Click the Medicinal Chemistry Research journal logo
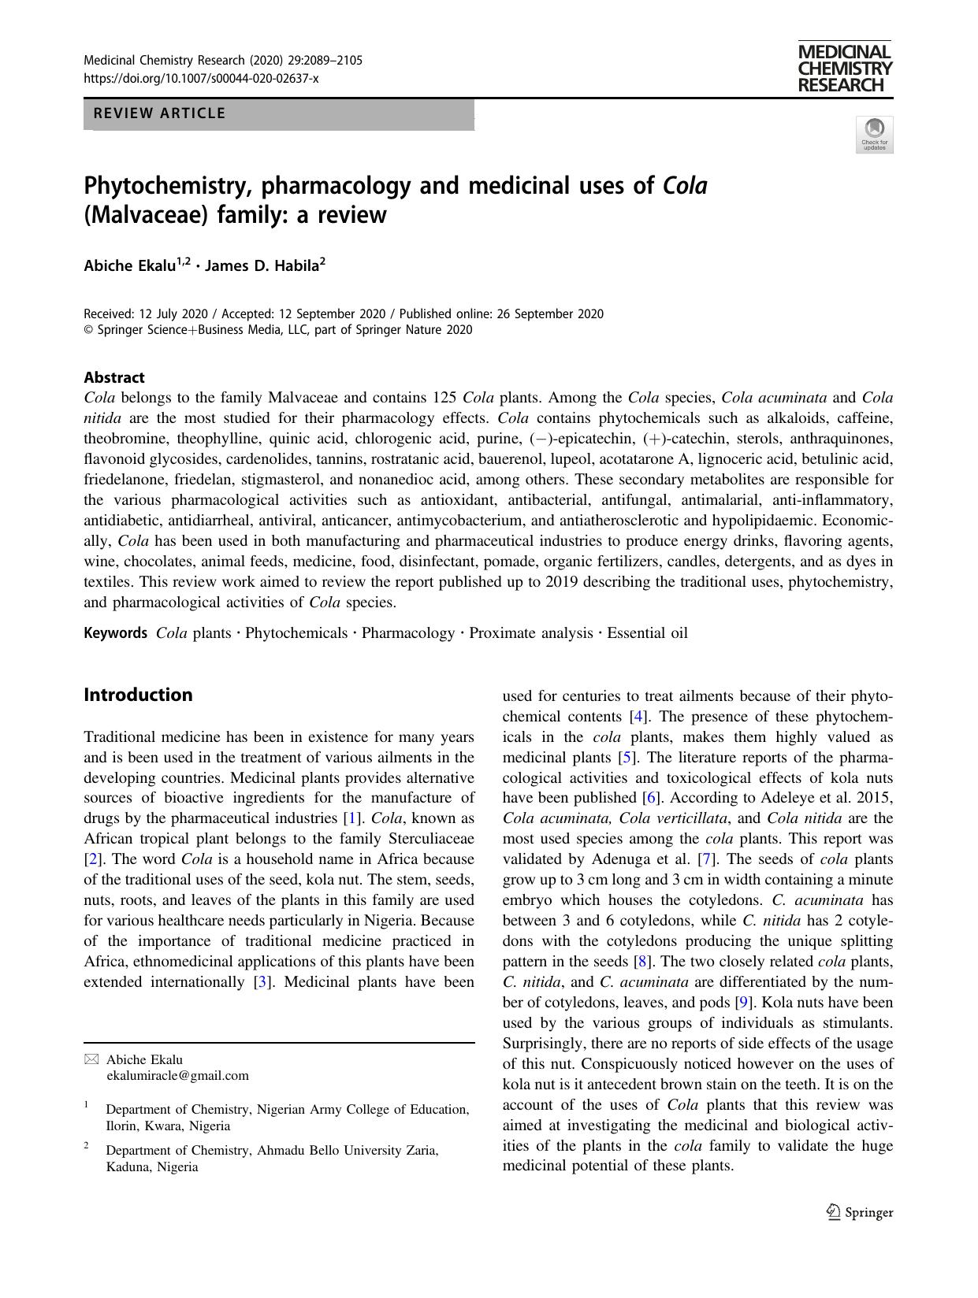844,69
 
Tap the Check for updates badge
874,135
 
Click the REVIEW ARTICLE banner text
160,113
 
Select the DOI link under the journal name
201,78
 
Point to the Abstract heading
114,377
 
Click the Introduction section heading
138,695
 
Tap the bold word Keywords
116,633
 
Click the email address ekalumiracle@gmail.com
177,1075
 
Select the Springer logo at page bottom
860,1213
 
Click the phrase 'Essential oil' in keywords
647,633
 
